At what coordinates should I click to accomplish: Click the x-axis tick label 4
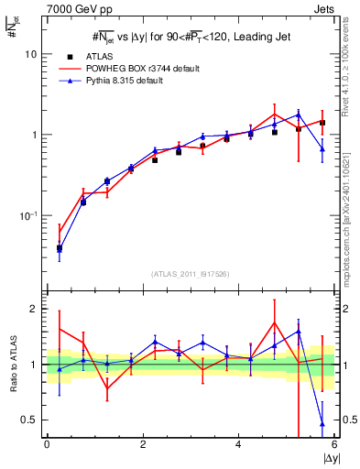238,444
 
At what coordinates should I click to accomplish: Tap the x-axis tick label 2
143,444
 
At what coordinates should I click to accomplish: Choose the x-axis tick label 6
333,444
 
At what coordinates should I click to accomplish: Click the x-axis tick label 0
47,444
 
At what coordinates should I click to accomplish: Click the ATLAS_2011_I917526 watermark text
190,273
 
